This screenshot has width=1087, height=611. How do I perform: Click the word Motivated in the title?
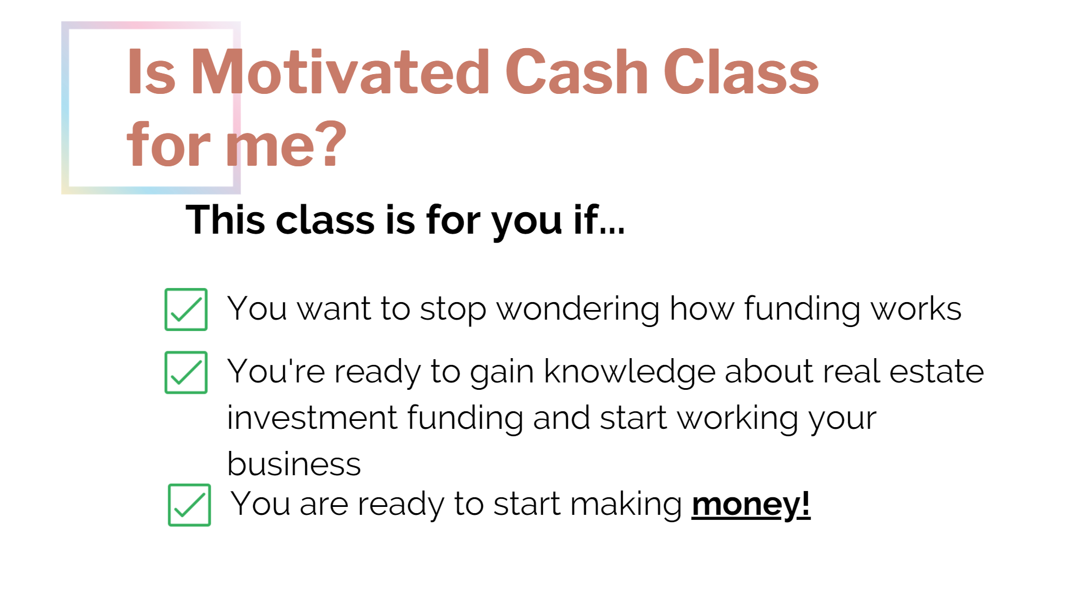340,72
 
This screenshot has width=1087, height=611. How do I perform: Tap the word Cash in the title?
576,72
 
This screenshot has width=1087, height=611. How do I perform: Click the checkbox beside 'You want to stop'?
186,309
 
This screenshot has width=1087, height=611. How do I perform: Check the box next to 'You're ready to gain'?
186,372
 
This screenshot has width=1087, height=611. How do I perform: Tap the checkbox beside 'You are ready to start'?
190,505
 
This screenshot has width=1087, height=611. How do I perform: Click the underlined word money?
751,505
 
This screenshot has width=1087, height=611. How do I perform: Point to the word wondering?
578,309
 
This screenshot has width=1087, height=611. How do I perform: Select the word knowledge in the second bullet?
630,372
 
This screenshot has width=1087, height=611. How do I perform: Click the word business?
294,464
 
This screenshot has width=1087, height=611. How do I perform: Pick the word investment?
312,418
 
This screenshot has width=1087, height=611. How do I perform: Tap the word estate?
936,372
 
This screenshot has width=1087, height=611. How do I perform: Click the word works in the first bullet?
915,309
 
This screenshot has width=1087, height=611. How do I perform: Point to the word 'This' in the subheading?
225,220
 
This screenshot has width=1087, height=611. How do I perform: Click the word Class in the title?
741,72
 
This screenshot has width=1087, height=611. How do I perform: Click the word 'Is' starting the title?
151,72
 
